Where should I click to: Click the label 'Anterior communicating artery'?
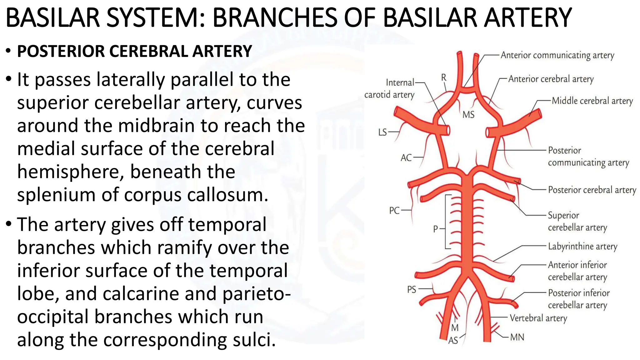[x=557, y=55]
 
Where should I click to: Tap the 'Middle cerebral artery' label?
[x=592, y=101]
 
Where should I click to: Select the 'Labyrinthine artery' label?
[x=582, y=247]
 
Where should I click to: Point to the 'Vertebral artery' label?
[x=538, y=318]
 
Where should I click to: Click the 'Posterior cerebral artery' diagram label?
[x=592, y=190]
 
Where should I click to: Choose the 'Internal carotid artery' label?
[x=390, y=88]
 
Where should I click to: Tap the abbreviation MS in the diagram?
[x=468, y=115]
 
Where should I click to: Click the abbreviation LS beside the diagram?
[x=382, y=132]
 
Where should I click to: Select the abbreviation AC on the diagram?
[x=406, y=158]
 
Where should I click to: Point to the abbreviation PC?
[x=394, y=211]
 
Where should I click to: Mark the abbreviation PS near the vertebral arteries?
[x=412, y=290]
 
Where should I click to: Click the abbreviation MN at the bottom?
[x=517, y=337]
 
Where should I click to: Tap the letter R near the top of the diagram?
[x=444, y=77]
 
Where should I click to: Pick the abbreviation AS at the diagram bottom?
[x=453, y=341]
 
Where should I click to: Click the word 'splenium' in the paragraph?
[x=56, y=195]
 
